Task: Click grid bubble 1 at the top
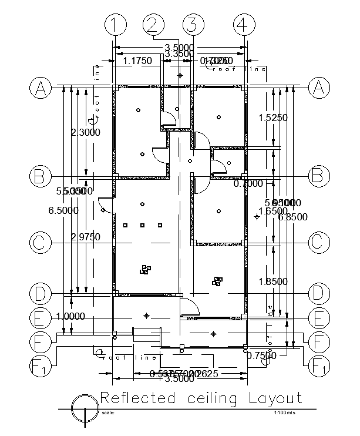click(116, 25)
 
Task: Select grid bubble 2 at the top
click(153, 25)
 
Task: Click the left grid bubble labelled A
click(41, 88)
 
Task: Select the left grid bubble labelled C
click(41, 242)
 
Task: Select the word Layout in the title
click(276, 398)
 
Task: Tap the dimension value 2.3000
click(85, 132)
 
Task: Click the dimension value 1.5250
click(272, 118)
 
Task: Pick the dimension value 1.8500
click(272, 282)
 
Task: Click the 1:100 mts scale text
click(285, 413)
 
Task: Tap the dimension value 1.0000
click(70, 316)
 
